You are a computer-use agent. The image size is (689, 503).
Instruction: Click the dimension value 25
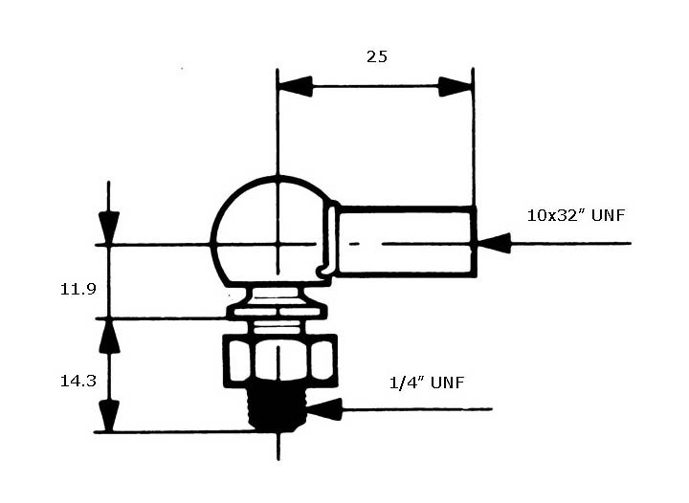377,56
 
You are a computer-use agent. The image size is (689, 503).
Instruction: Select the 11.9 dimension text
78,289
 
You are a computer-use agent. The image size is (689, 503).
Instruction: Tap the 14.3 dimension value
78,381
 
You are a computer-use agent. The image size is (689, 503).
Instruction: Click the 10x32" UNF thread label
576,215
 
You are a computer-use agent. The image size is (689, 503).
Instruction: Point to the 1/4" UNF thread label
427,383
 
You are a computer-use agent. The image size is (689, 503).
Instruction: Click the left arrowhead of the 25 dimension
296,86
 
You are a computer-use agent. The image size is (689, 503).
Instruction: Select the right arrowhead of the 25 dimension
456,86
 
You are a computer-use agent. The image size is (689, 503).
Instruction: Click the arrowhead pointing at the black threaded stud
324,409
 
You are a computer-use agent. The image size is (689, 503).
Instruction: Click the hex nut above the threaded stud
280,361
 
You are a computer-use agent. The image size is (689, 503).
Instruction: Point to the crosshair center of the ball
278,244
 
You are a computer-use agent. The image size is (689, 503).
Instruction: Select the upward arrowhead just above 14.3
109,337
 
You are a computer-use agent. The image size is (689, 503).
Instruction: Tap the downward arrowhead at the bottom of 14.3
109,416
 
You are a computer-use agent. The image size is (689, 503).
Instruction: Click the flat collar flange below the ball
277,312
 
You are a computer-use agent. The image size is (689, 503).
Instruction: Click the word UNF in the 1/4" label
447,383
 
